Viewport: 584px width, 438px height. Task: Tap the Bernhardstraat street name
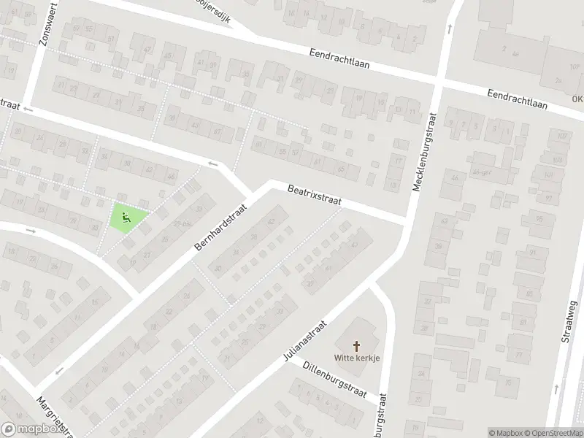click(x=221, y=228)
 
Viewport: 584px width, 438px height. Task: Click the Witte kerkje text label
click(x=358, y=358)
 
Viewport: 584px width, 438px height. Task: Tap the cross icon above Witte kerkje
click(x=358, y=345)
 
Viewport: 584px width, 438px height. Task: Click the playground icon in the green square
click(x=126, y=216)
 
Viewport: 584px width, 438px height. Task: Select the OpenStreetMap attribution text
click(x=553, y=432)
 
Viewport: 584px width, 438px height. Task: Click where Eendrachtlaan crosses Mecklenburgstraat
click(x=438, y=83)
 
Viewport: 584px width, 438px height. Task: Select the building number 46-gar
click(x=480, y=173)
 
